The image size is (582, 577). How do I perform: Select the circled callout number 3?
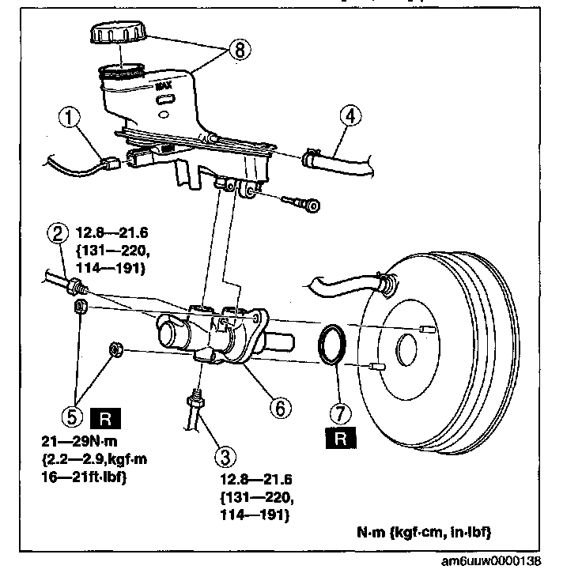click(225, 456)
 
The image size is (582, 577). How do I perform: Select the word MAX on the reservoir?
click(164, 86)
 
